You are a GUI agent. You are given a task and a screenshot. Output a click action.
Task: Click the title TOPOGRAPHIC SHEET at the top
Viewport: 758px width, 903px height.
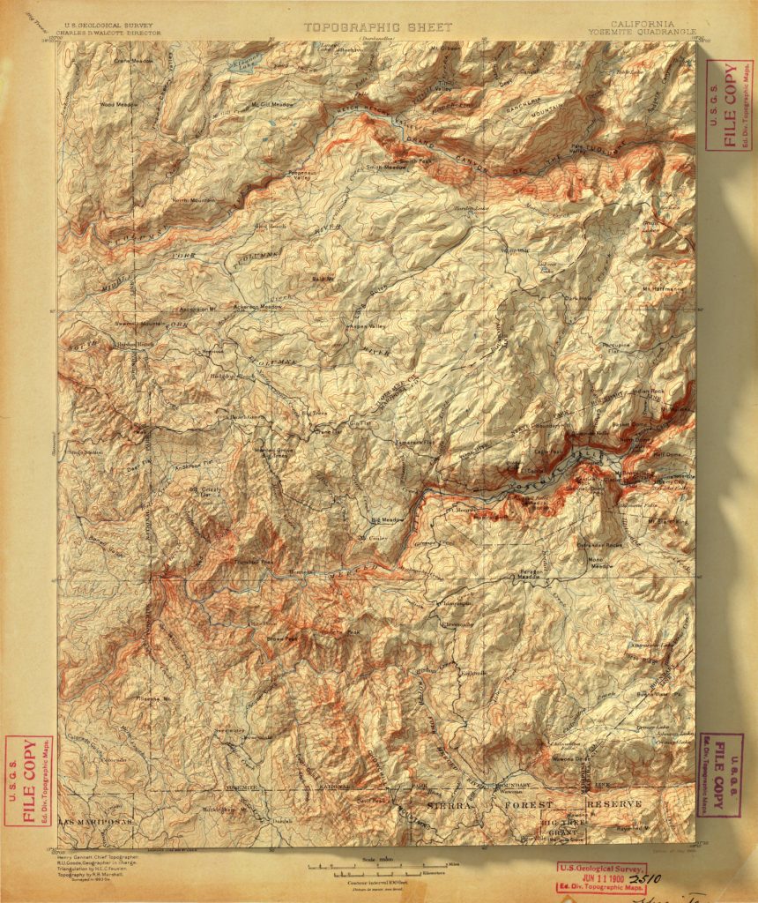pyautogui.click(x=378, y=27)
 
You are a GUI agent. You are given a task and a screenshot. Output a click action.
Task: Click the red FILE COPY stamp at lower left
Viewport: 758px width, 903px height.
pyautogui.click(x=28, y=780)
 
